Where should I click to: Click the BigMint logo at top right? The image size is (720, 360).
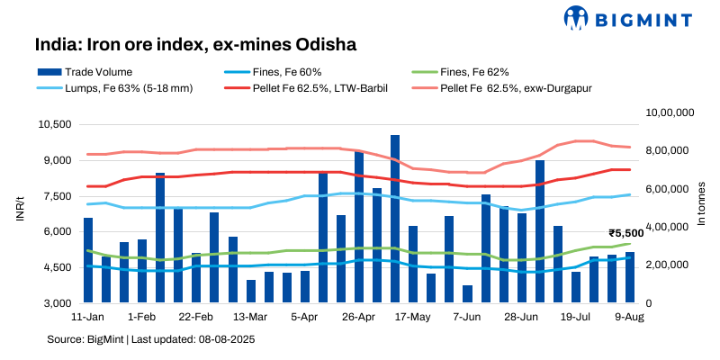pos(629,17)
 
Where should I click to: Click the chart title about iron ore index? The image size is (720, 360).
pos(190,43)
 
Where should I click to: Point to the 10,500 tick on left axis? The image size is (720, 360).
pos(57,124)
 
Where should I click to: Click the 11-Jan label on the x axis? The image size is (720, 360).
pos(87,318)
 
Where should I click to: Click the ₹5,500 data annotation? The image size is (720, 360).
pos(625,233)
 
